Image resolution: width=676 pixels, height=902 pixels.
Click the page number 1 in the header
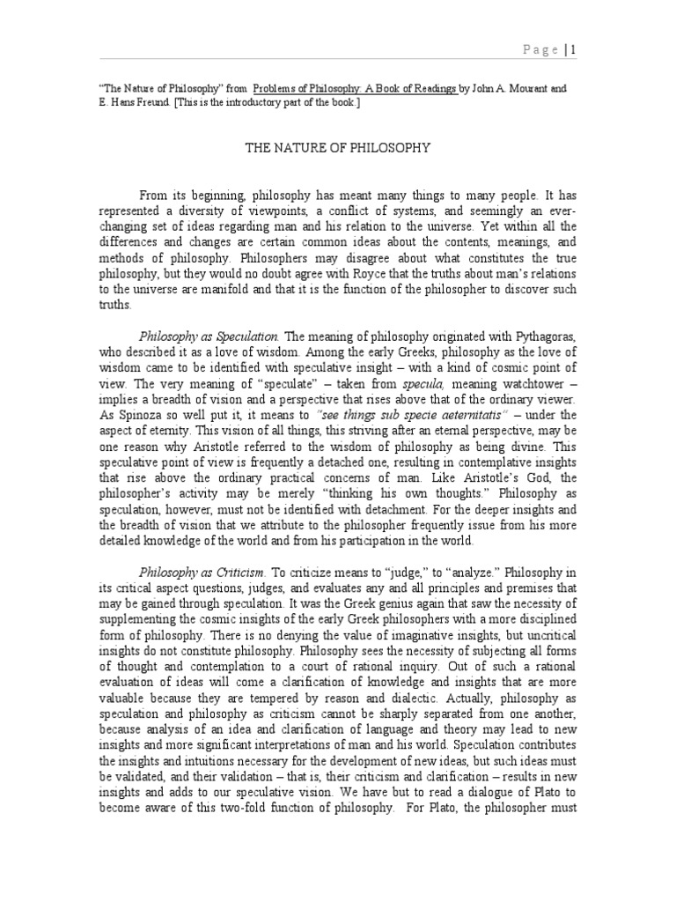tap(574, 50)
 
